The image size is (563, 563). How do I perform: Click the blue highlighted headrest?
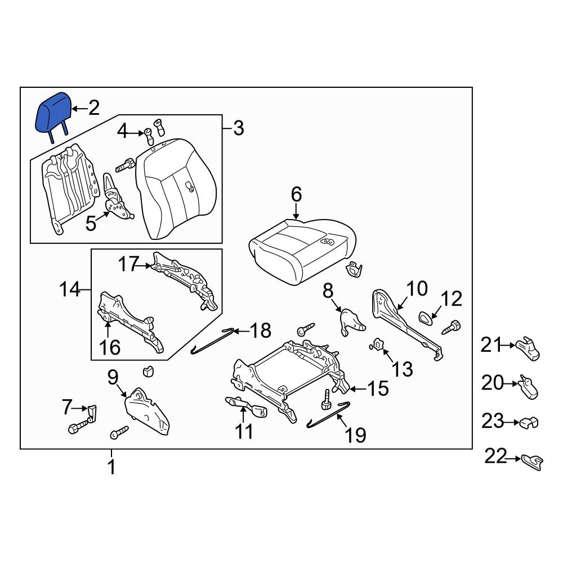click(x=53, y=113)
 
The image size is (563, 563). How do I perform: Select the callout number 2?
click(x=93, y=108)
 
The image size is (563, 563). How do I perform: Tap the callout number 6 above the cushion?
click(x=296, y=195)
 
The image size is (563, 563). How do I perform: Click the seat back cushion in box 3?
click(x=176, y=189)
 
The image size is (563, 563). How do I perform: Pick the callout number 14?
click(x=70, y=289)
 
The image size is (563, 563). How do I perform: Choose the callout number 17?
click(x=128, y=264)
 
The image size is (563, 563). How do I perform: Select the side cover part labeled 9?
click(x=146, y=412)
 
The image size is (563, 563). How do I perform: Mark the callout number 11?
click(x=244, y=431)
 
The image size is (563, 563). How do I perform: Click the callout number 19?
click(x=355, y=435)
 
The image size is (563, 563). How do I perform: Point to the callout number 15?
click(x=378, y=388)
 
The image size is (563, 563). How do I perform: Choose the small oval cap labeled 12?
click(x=427, y=318)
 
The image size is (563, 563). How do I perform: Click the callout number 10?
click(x=417, y=289)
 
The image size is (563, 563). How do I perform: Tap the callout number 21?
click(x=491, y=346)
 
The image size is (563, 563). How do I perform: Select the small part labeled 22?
click(x=532, y=462)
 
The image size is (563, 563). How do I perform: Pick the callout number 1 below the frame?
click(x=111, y=467)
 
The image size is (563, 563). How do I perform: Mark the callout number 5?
click(x=91, y=224)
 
